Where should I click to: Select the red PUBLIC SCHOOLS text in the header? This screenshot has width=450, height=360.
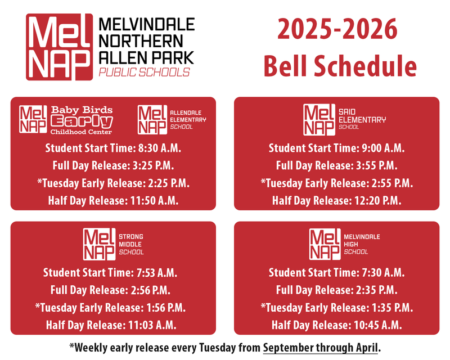click(x=144, y=73)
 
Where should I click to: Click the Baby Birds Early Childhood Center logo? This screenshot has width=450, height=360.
click(x=66, y=119)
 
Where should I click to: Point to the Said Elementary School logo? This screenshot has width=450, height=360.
click(x=344, y=119)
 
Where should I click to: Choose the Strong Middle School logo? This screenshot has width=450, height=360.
click(x=113, y=244)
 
